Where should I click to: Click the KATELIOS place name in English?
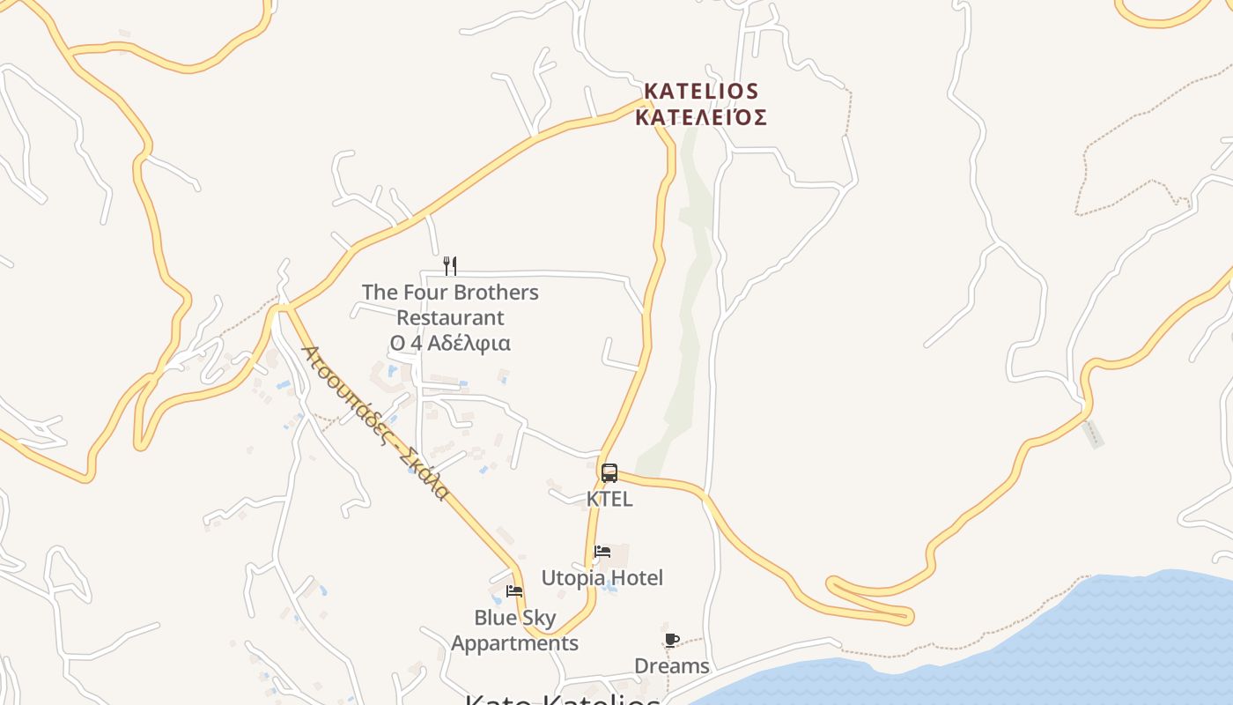coord(701,92)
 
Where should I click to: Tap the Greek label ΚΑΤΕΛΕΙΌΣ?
coord(701,118)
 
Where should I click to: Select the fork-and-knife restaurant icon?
coord(450,265)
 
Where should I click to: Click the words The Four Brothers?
coord(450,293)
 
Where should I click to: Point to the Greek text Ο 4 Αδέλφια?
coord(450,343)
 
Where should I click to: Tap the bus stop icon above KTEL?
coord(609,473)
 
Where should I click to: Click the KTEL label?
coord(609,499)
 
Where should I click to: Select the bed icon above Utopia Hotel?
coord(602,552)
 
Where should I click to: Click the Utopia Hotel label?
coord(602,578)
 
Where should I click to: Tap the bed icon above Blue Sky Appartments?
coord(514,591)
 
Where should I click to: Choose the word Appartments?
coord(514,643)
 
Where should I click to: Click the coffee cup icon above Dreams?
coord(672,640)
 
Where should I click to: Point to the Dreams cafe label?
coord(672,666)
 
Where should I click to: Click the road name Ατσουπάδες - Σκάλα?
coord(375,422)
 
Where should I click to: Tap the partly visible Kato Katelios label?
coord(562,699)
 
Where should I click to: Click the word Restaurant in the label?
coord(450,317)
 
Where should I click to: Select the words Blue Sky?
coord(514,618)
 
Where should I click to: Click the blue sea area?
coord(1101,643)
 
